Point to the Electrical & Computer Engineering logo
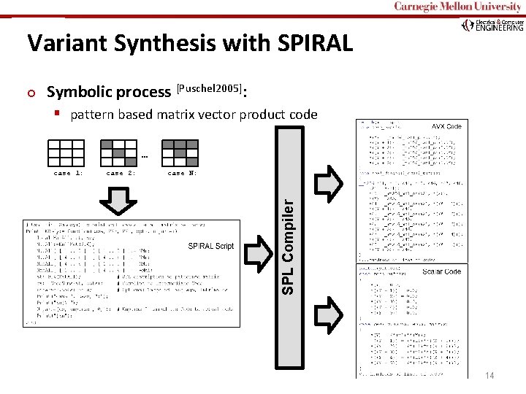coord(493,26)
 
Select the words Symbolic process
coord(109,92)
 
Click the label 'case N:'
coord(182,174)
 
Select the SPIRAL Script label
coord(211,246)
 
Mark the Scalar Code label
coord(441,271)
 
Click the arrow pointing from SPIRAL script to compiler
coord(259,252)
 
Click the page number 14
coord(489,375)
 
